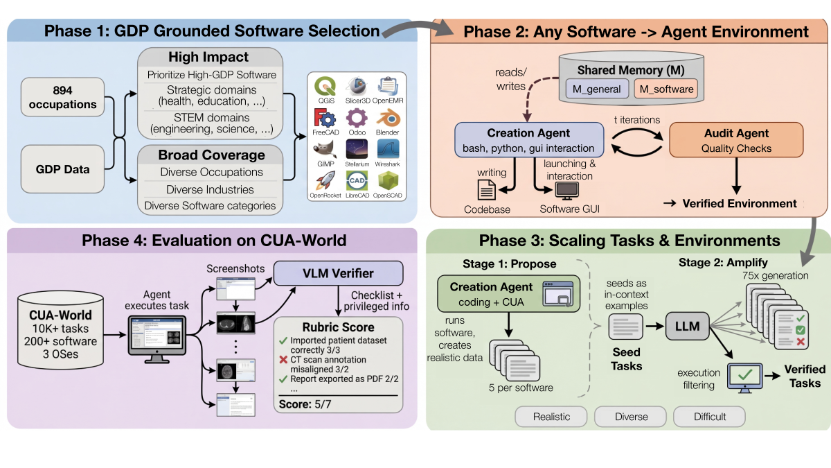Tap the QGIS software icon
[x=325, y=87]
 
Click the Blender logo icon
[x=388, y=118]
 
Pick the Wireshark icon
[x=388, y=150]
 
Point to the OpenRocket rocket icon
[x=325, y=182]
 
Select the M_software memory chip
[x=665, y=89]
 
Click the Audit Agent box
[x=735, y=140]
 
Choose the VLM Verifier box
[x=338, y=272]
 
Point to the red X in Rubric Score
[x=283, y=360]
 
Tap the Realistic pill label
[x=551, y=417]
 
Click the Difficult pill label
[x=709, y=417]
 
